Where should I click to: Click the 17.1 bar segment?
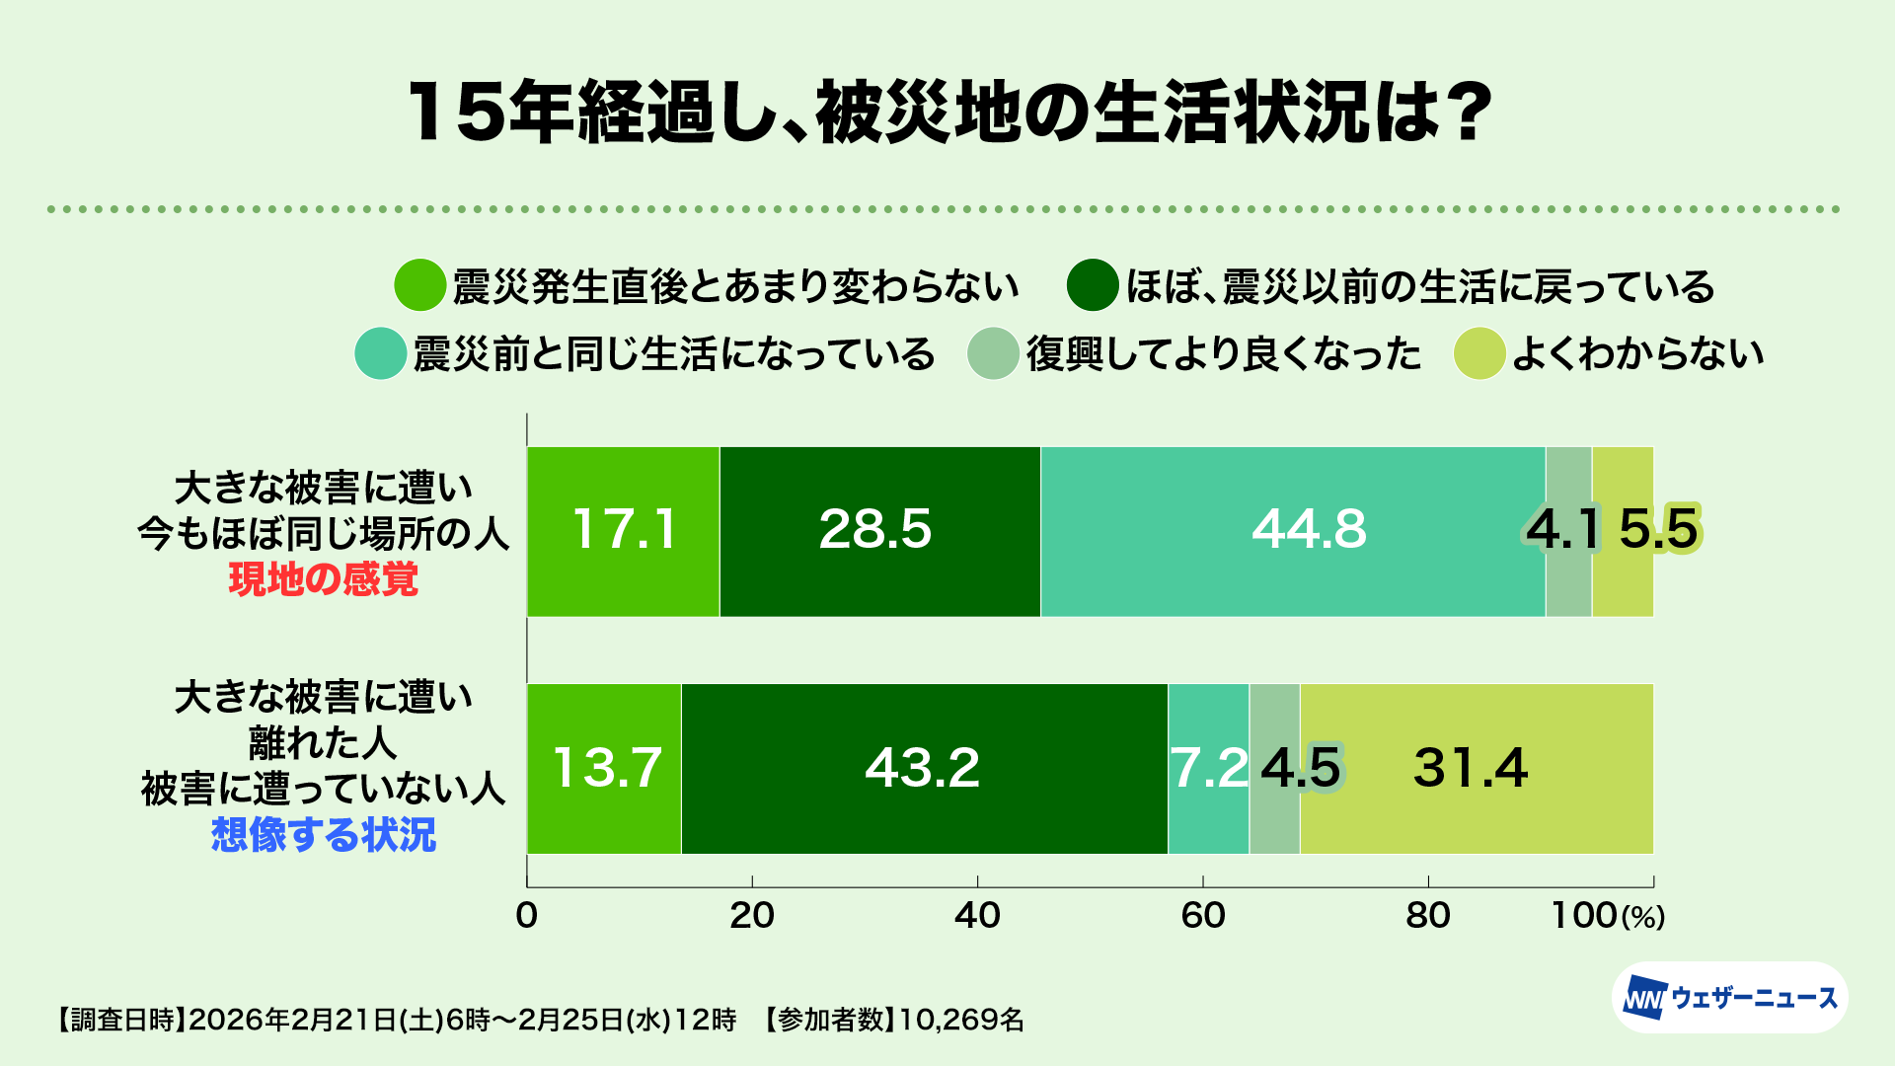pyautogui.click(x=623, y=531)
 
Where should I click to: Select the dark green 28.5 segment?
pyautogui.click(x=878, y=531)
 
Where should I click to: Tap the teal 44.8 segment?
pyautogui.click(x=1293, y=531)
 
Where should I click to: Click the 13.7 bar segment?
pyautogui.click(x=604, y=768)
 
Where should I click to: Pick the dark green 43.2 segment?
pyautogui.click(x=924, y=768)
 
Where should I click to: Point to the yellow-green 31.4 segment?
pyautogui.click(x=1476, y=768)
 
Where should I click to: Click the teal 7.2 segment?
pyautogui.click(x=1208, y=768)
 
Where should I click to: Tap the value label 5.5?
pyautogui.click(x=1658, y=529)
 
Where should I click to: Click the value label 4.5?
pyautogui.click(x=1301, y=768)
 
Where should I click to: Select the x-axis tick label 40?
pyautogui.click(x=977, y=916)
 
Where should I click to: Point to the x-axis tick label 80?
pyautogui.click(x=1428, y=916)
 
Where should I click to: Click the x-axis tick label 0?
pyautogui.click(x=527, y=916)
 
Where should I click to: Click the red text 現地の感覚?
pyautogui.click(x=324, y=579)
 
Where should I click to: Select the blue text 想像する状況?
pyautogui.click(x=324, y=835)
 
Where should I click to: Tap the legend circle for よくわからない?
pyautogui.click(x=1478, y=353)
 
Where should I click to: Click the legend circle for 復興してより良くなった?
pyautogui.click(x=993, y=353)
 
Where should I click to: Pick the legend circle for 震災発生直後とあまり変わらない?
pyautogui.click(x=420, y=286)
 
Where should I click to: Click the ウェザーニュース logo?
pyautogui.click(x=1730, y=998)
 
